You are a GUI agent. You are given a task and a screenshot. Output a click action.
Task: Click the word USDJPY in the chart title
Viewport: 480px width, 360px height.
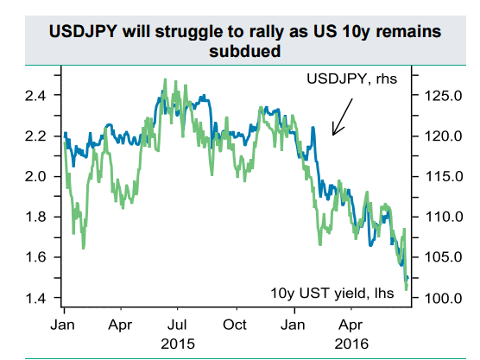click(x=83, y=32)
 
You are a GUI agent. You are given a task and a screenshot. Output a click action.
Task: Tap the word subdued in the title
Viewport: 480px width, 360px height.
click(x=245, y=51)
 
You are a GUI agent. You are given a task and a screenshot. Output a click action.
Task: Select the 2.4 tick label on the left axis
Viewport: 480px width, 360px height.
click(x=35, y=96)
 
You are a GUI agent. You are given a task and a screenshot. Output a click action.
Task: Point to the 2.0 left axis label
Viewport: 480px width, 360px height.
click(x=35, y=177)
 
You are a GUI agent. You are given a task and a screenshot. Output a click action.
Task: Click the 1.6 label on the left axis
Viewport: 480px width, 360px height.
click(x=35, y=257)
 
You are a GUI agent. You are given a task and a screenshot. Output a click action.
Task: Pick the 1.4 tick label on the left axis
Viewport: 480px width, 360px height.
click(x=35, y=298)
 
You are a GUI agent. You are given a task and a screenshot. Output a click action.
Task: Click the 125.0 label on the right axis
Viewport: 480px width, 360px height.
click(x=443, y=96)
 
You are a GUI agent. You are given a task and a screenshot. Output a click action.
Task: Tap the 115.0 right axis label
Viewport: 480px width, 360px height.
click(x=443, y=177)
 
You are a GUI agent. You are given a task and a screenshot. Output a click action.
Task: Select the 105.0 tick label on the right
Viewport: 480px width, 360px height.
click(x=443, y=257)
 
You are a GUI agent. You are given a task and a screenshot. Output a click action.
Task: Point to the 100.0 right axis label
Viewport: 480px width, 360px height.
click(x=443, y=298)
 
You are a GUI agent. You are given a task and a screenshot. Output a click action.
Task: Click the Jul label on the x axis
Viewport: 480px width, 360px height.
click(x=177, y=325)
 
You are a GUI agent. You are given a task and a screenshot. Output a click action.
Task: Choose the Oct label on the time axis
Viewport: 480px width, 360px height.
click(x=235, y=325)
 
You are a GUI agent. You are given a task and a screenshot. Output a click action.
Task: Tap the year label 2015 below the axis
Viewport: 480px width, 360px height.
click(x=178, y=344)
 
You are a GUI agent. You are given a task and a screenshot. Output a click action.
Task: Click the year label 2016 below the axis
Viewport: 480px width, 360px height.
click(x=351, y=344)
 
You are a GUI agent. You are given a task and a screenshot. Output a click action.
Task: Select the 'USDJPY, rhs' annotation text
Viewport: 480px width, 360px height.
click(x=352, y=79)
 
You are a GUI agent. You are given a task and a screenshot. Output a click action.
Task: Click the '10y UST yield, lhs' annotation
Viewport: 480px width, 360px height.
click(x=332, y=294)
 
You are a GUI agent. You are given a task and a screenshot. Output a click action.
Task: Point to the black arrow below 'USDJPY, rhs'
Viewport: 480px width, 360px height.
click(x=343, y=117)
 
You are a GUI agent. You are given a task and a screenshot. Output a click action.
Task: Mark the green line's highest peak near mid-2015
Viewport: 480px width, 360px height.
click(x=165, y=79)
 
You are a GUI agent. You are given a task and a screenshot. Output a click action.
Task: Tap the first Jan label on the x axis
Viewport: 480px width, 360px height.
click(x=63, y=325)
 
